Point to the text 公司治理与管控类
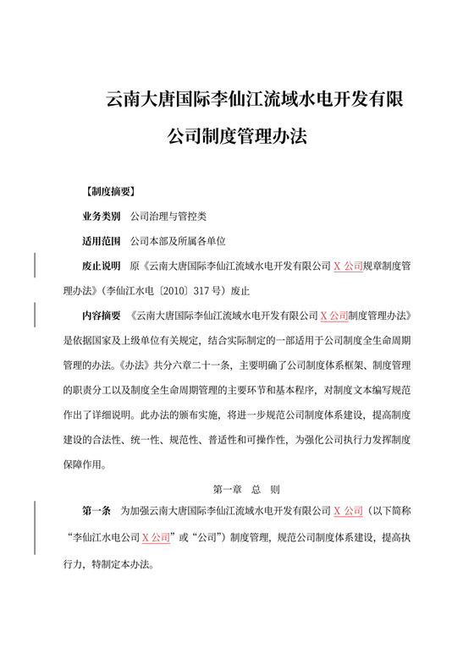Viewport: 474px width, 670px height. point(162,216)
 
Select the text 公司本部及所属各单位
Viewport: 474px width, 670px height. point(172,240)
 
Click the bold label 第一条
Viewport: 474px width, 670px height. point(96,512)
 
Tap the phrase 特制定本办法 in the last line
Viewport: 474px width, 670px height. point(124,561)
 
